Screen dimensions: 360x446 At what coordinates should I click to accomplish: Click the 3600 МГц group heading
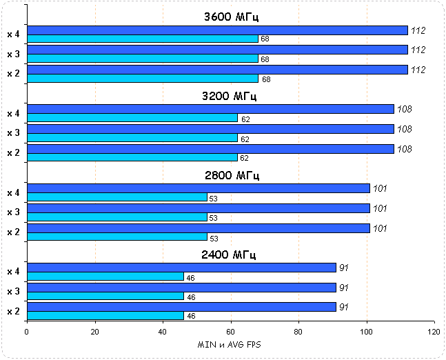pyautogui.click(x=230, y=17)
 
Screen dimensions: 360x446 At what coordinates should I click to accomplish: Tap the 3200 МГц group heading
pyautogui.click(x=230, y=96)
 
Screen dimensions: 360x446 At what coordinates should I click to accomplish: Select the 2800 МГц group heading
pyautogui.click(x=230, y=175)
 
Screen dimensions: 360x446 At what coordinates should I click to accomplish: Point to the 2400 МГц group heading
pyautogui.click(x=230, y=254)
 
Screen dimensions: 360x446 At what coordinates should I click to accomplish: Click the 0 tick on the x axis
pyautogui.click(x=27, y=332)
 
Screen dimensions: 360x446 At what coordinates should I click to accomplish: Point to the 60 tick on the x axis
pyautogui.click(x=230, y=332)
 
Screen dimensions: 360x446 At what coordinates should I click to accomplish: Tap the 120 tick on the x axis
pyautogui.click(x=434, y=332)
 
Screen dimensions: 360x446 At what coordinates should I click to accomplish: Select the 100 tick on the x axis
pyautogui.click(x=366, y=332)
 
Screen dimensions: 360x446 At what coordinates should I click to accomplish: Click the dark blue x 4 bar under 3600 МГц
pyautogui.click(x=217, y=30)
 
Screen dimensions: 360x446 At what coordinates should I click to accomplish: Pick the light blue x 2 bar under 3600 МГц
pyautogui.click(x=142, y=79)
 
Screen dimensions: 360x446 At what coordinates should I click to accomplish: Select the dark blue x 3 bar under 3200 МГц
pyautogui.click(x=210, y=129)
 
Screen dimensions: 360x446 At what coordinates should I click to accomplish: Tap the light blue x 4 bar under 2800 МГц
pyautogui.click(x=116, y=197)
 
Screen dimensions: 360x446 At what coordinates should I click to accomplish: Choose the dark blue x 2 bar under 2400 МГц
pyautogui.click(x=181, y=308)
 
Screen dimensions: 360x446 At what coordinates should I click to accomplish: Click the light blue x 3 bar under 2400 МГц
pyautogui.click(x=105, y=297)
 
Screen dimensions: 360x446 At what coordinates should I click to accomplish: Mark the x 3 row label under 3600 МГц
pyautogui.click(x=13, y=54)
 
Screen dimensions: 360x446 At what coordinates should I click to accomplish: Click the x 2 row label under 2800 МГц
pyautogui.click(x=13, y=232)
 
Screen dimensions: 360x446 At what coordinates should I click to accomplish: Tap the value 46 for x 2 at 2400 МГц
pyautogui.click(x=191, y=317)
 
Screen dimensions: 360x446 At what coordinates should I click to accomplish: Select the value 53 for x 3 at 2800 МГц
pyautogui.click(x=214, y=218)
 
